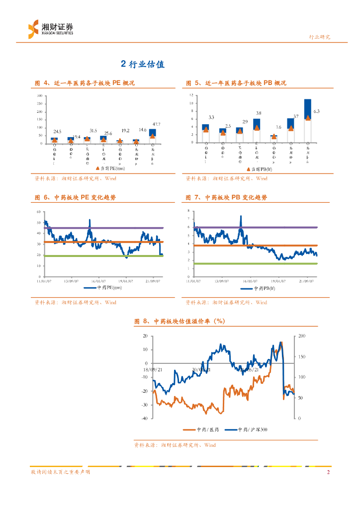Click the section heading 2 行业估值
tap(143, 64)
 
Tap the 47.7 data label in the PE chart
tap(156, 124)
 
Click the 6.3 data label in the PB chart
tap(316, 112)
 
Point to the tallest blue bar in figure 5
tap(308, 108)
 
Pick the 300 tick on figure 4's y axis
tap(39, 95)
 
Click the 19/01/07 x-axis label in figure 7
tap(278, 280)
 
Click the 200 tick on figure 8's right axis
tap(302, 337)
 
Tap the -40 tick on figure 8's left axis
tap(144, 419)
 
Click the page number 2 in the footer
tap(328, 472)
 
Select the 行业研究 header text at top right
tap(320, 37)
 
